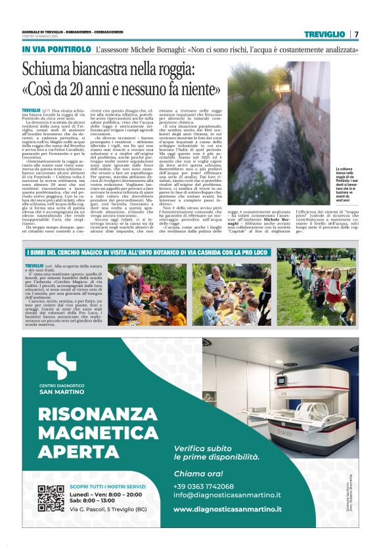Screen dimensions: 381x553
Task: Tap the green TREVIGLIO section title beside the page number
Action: click(325, 34)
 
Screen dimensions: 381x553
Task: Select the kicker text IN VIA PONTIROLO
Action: click(56, 49)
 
